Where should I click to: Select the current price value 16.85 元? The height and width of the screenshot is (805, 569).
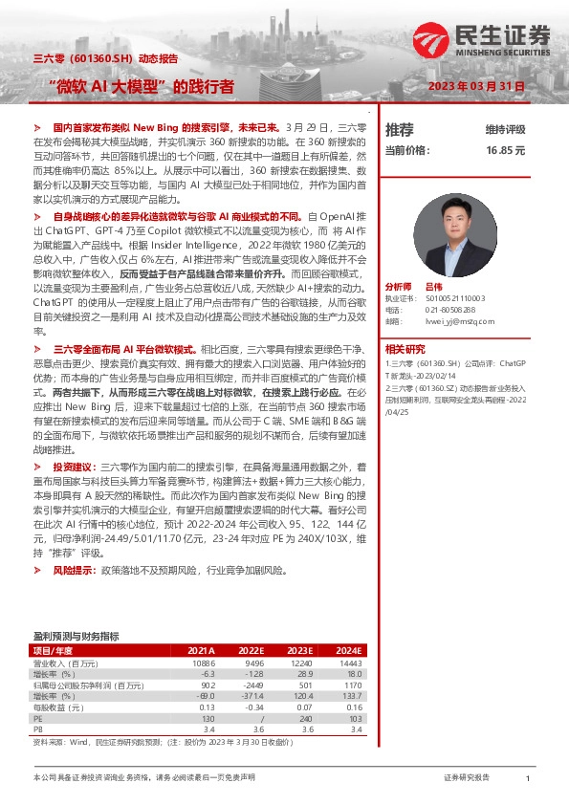click(x=506, y=151)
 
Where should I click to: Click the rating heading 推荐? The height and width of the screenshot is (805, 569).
click(x=399, y=129)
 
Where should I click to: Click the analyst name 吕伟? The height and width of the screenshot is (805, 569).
click(x=433, y=287)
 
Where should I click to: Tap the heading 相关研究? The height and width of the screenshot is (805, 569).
click(x=405, y=350)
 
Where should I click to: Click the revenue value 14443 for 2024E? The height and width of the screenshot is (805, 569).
click(x=351, y=663)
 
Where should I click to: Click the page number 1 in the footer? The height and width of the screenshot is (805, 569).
click(x=527, y=779)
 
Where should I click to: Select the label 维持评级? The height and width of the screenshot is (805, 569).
click(x=505, y=129)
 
